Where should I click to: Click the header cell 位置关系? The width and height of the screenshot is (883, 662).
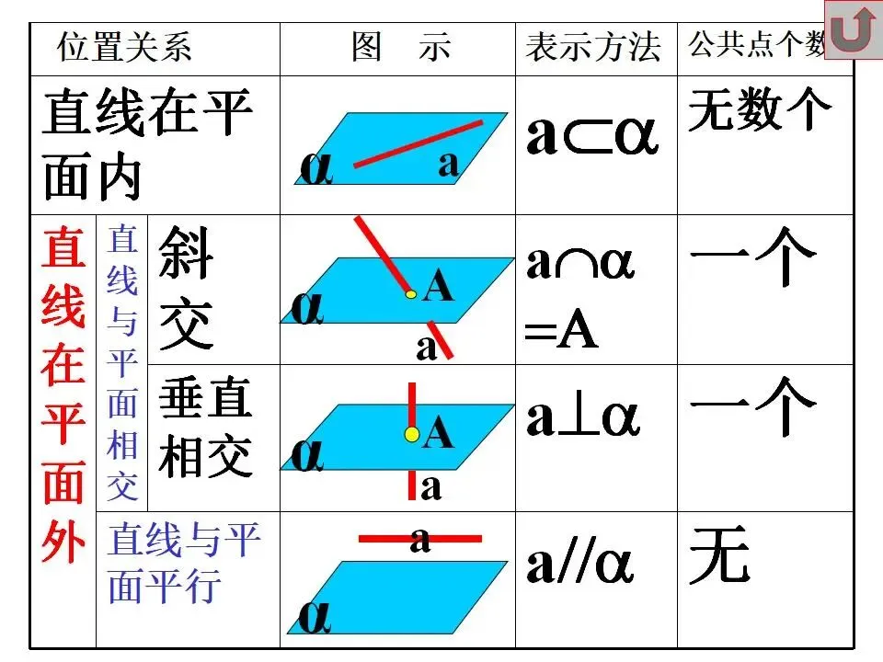(x=125, y=47)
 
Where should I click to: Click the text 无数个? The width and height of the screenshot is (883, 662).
(x=760, y=109)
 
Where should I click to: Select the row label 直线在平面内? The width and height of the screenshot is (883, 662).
(x=147, y=145)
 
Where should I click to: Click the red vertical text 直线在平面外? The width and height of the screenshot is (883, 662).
(x=63, y=395)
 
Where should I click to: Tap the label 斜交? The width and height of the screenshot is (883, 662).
(x=186, y=290)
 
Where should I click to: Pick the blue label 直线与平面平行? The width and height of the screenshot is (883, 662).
(x=184, y=563)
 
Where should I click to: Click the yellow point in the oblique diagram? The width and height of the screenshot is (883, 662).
(x=412, y=294)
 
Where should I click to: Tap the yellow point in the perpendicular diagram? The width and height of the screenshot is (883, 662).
(x=412, y=434)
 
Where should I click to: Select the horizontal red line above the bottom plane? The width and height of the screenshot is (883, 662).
(x=419, y=539)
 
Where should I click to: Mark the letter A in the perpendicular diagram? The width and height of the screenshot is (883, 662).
(x=439, y=431)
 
